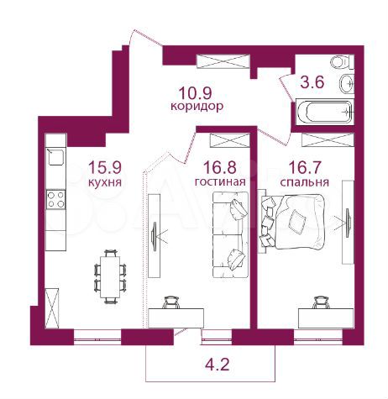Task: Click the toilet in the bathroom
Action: pyautogui.click(x=342, y=61)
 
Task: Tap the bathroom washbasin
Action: pyautogui.click(x=347, y=83)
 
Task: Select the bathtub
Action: pyautogui.click(x=324, y=113)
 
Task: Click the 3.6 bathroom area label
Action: pyautogui.click(x=312, y=82)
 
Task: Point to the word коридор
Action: pyautogui.click(x=197, y=107)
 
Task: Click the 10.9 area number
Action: pyautogui.click(x=196, y=93)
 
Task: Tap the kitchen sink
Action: pyautogui.click(x=56, y=157)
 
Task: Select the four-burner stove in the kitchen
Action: pyautogui.click(x=56, y=199)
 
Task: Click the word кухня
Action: pyautogui.click(x=105, y=182)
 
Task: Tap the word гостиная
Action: pyautogui.click(x=220, y=182)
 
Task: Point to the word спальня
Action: pyautogui.click(x=305, y=182)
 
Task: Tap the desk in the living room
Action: pyautogui.click(x=176, y=318)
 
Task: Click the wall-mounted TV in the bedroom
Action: pyautogui.click(x=348, y=223)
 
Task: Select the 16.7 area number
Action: pyautogui.click(x=305, y=167)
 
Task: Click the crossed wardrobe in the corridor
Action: pyautogui.click(x=223, y=61)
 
